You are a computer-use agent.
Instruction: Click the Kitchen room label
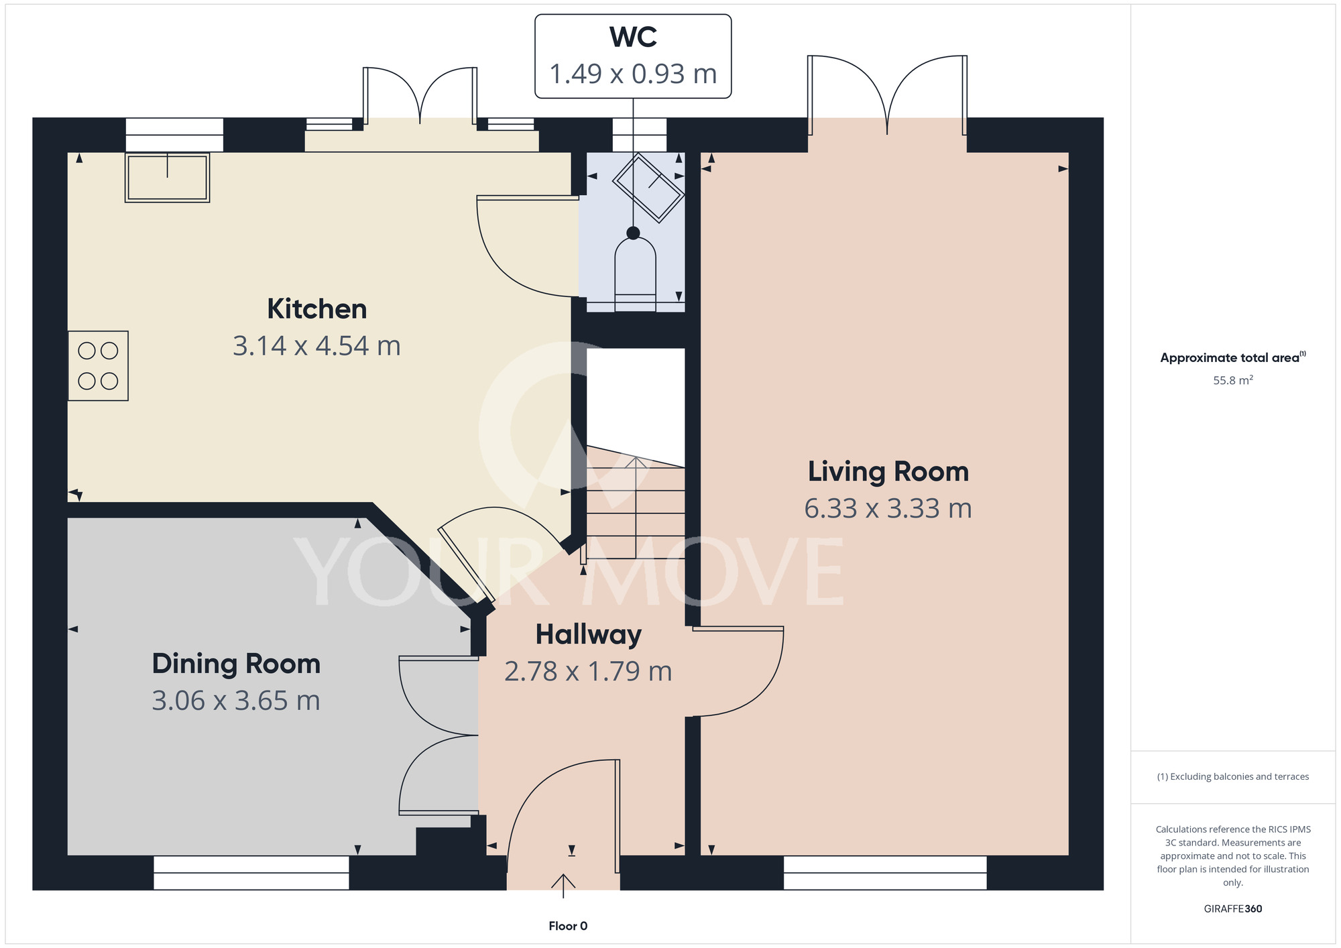point(317,309)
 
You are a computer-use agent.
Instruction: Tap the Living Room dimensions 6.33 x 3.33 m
point(888,508)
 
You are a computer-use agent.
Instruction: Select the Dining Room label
point(236,664)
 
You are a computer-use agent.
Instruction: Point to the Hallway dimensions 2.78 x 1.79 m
point(588,671)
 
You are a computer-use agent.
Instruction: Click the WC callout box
point(633,56)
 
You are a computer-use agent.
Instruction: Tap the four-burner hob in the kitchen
point(98,365)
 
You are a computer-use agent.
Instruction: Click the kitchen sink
point(168,178)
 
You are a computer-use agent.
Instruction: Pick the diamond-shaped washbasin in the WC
point(648,188)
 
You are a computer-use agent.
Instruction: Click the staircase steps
point(636,503)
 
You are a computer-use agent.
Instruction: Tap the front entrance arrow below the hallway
point(563,885)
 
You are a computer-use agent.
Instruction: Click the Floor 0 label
point(568,926)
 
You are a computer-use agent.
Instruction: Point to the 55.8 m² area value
point(1233,380)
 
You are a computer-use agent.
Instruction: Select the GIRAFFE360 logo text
point(1233,909)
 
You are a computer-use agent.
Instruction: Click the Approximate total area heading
point(1232,357)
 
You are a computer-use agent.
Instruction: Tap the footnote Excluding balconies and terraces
point(1233,776)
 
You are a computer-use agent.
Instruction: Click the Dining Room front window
point(251,873)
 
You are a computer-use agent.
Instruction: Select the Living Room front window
point(885,873)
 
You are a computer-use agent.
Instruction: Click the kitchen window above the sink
point(174,135)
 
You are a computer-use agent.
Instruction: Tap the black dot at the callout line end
point(633,233)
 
